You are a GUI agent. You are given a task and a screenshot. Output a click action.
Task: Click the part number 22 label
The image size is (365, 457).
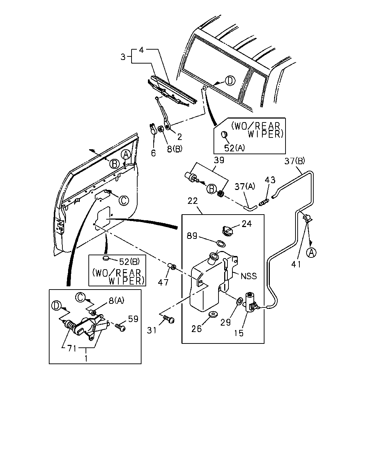(192, 201)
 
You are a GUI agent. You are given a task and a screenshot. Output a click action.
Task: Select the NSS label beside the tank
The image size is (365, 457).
(248, 276)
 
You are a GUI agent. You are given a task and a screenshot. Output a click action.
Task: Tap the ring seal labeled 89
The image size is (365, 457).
(221, 243)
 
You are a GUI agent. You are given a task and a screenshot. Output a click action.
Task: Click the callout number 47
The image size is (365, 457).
(163, 282)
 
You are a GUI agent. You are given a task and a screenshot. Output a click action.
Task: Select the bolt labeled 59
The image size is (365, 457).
(120, 327)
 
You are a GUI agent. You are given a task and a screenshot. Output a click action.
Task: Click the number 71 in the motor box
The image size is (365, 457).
(72, 348)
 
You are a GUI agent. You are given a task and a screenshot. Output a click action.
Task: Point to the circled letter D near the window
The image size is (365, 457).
(230, 81)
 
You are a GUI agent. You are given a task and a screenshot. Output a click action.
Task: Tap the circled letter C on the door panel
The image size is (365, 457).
(124, 200)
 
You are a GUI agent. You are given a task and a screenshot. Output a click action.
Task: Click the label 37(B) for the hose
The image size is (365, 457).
(295, 161)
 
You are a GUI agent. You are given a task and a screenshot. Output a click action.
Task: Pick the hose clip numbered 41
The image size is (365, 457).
(307, 218)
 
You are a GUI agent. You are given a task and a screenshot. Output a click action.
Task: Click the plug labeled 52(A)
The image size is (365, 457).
(224, 135)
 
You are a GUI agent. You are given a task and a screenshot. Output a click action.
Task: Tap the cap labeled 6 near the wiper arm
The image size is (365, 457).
(153, 129)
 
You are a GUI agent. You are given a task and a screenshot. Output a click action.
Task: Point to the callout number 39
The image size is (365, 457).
(219, 160)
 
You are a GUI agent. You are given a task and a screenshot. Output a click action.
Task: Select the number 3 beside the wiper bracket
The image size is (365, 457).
(123, 57)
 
